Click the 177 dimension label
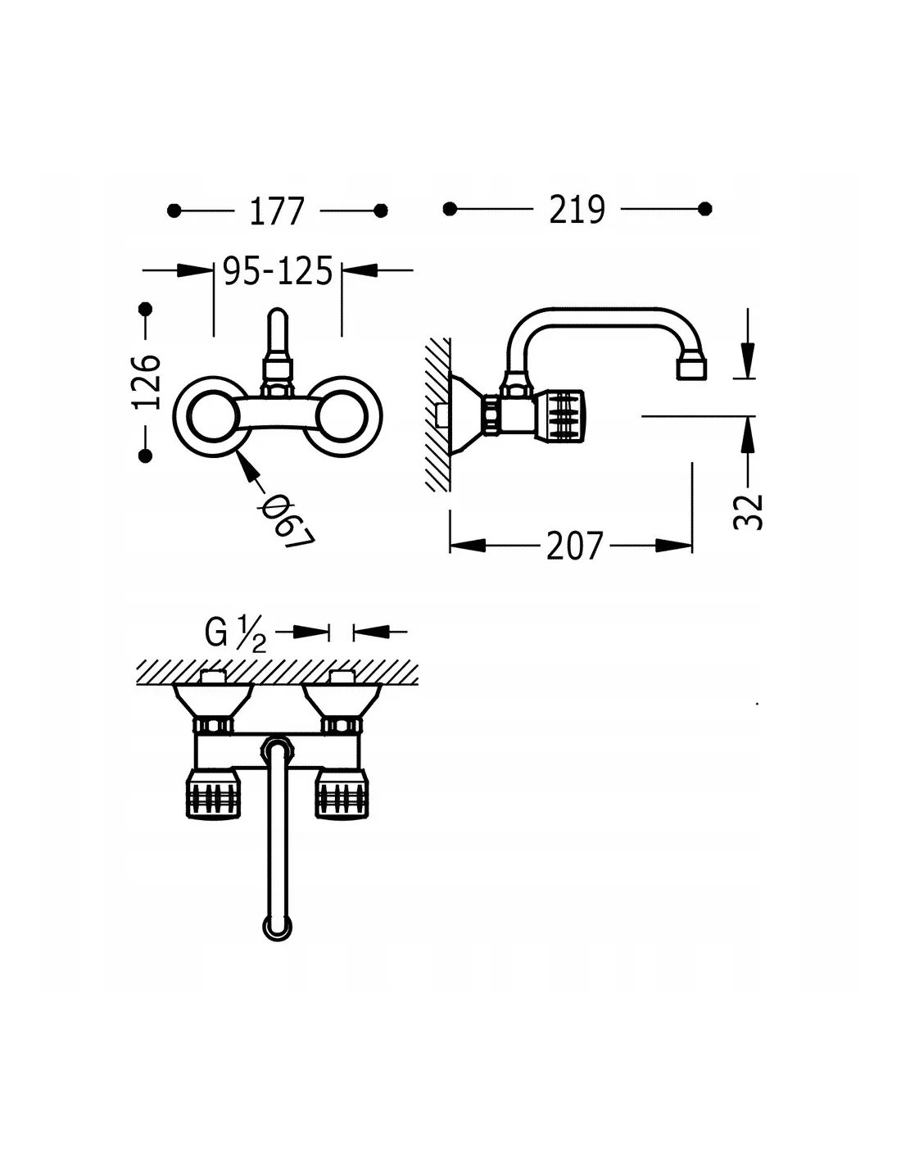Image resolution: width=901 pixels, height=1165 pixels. [277, 211]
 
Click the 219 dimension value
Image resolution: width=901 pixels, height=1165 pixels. [577, 209]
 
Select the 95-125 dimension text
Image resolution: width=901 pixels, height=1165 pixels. [278, 270]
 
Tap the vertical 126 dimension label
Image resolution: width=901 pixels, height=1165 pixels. [147, 381]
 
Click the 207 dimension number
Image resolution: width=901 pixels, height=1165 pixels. [574, 546]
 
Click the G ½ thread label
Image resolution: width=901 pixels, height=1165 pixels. [235, 633]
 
